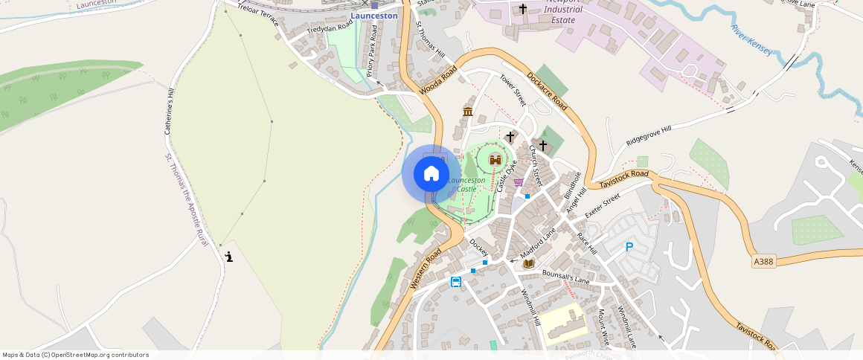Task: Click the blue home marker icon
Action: (x=431, y=174)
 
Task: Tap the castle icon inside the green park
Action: (x=494, y=159)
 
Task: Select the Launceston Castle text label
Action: (x=466, y=184)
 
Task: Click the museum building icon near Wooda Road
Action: (x=468, y=112)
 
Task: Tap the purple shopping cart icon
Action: (x=518, y=181)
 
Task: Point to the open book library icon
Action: (x=528, y=263)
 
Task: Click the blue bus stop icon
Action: (x=455, y=282)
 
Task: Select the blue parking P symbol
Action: (x=629, y=247)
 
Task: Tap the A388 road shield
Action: (x=763, y=262)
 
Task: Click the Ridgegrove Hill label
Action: (x=648, y=135)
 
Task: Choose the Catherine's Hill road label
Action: (x=170, y=112)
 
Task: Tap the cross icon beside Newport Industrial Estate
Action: (x=522, y=10)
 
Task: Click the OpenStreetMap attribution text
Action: (x=75, y=355)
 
